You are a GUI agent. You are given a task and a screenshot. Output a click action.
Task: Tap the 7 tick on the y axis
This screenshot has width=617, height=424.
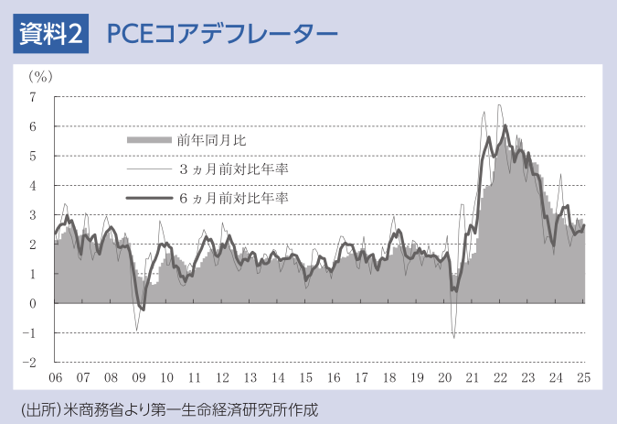click(33, 97)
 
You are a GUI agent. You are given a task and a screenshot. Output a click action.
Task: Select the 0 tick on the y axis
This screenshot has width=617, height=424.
click(33, 303)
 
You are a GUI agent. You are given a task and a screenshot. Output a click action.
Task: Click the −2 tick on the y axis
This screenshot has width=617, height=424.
click(30, 362)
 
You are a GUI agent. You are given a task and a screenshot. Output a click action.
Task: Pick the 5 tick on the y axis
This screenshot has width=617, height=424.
click(33, 156)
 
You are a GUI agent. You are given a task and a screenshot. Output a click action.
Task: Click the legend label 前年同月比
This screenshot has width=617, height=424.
click(212, 140)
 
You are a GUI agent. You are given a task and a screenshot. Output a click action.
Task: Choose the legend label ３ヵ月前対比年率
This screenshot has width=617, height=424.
click(233, 169)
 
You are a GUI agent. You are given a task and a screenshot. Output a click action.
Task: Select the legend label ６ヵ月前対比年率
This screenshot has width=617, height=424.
click(233, 198)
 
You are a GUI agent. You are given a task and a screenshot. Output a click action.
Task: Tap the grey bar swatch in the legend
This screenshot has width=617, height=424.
click(148, 140)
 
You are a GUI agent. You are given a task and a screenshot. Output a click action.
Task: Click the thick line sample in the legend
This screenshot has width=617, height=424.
click(148, 198)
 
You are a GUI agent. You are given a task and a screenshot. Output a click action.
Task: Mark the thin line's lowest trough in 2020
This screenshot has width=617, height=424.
click(454, 338)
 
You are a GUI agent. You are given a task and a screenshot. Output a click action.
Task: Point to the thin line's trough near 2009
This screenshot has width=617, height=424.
click(136, 331)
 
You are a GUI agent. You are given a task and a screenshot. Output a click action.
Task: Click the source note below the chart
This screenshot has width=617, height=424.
click(169, 407)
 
